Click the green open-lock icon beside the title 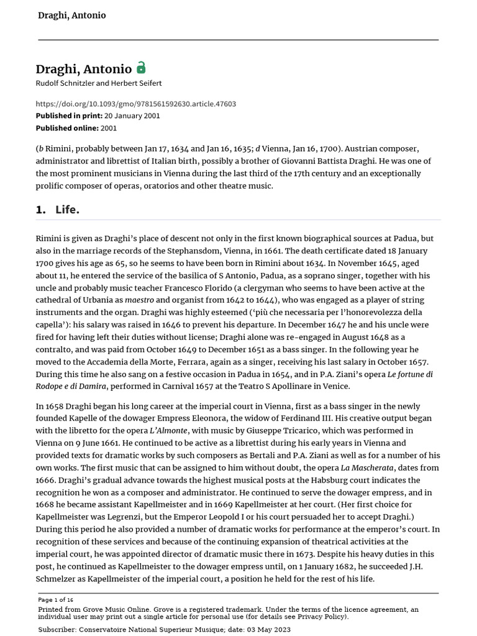142,68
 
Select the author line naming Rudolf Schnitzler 99,83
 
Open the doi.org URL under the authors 135,104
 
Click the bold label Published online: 67,128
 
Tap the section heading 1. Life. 58,210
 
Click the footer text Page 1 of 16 56,600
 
